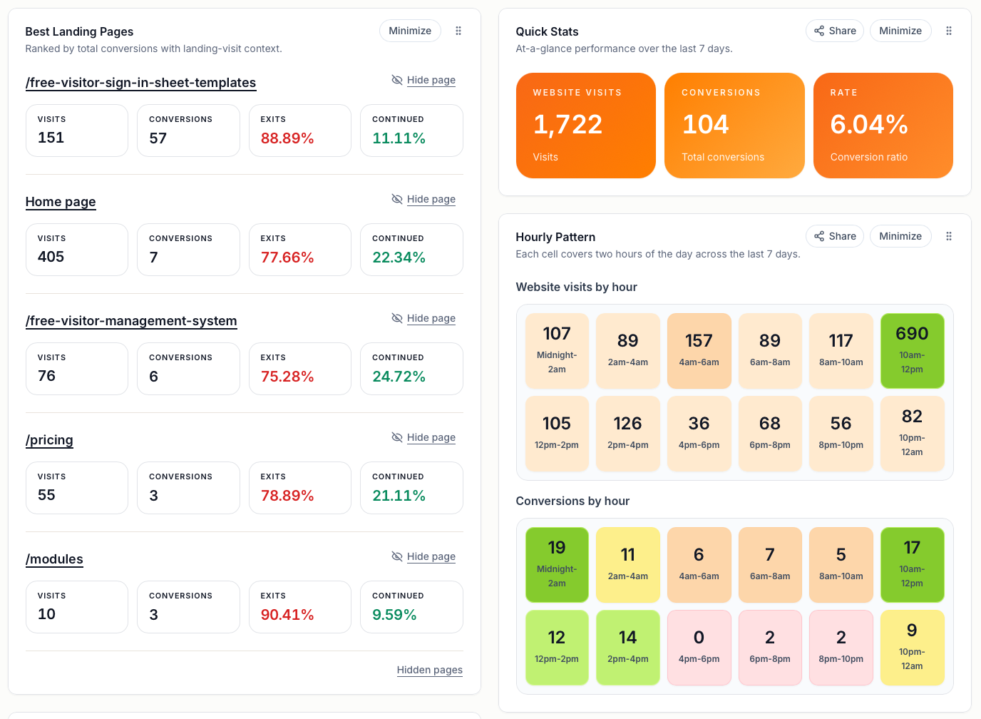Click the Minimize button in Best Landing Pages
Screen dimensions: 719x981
tap(410, 31)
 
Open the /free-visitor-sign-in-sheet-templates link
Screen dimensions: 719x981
tap(140, 83)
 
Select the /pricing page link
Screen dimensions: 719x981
tap(49, 440)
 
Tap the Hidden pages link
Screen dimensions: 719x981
tap(429, 670)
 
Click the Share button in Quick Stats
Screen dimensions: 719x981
tap(835, 31)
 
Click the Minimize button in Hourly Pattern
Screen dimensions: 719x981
tap(900, 236)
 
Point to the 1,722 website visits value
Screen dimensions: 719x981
tap(567, 125)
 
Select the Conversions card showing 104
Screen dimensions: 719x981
tap(734, 126)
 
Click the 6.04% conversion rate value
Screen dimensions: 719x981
tap(868, 125)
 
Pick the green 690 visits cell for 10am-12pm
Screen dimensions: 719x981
tap(912, 351)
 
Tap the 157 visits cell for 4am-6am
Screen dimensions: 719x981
tap(699, 351)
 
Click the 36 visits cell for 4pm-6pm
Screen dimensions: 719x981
tap(699, 434)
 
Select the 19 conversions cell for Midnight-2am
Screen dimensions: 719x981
tap(557, 565)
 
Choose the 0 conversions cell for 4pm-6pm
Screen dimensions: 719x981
tap(699, 648)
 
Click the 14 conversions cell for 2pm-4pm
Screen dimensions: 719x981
tap(627, 648)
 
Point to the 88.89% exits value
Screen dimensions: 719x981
tap(287, 138)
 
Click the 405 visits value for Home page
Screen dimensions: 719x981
tap(51, 257)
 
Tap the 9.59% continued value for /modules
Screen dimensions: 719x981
tap(394, 615)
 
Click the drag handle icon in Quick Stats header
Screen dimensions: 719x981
tap(948, 31)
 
